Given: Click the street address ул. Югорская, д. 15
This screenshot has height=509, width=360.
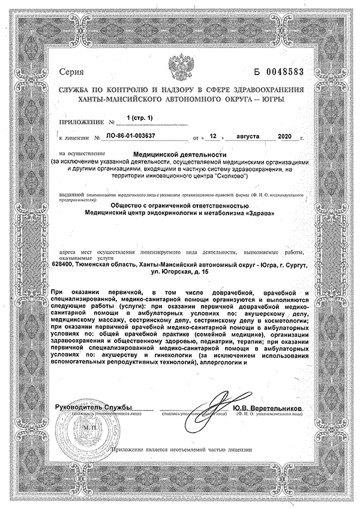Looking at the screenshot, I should pos(179,273).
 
